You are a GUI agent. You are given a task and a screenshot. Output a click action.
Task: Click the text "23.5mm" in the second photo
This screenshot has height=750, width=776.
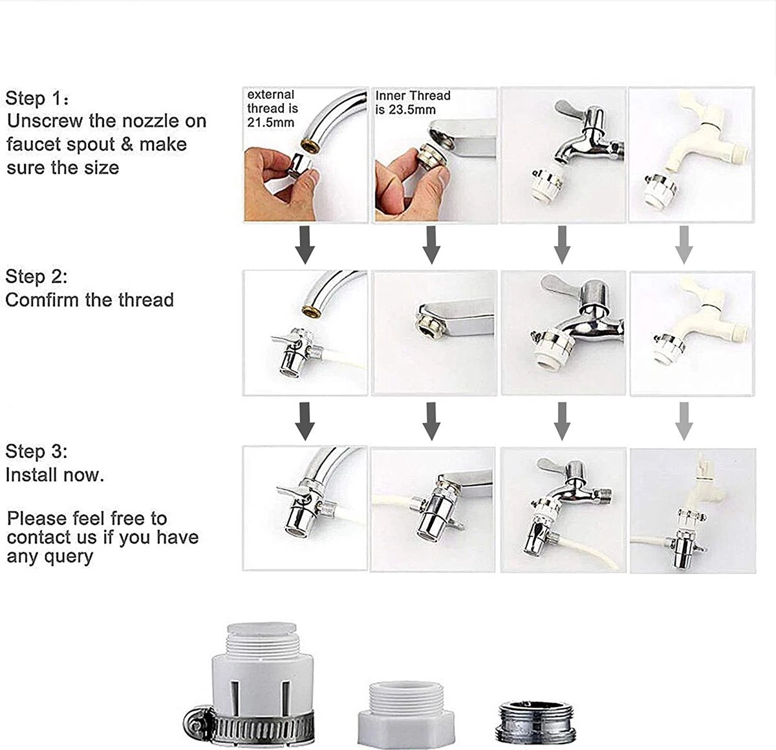[x=416, y=109]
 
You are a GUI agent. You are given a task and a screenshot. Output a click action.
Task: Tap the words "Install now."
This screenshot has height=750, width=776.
[x=54, y=475]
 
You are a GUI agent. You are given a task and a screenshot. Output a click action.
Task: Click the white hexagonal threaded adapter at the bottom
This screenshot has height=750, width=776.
[x=395, y=711]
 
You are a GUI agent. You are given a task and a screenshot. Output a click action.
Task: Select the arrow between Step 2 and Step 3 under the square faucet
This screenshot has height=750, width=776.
[x=431, y=421]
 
